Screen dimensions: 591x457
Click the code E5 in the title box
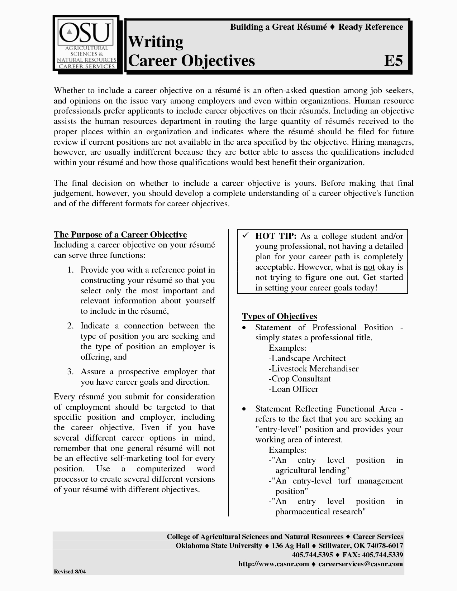[393, 61]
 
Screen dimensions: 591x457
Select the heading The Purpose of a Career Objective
[120, 235]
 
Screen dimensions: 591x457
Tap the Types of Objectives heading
[280, 316]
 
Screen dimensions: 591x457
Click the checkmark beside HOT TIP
[246, 236]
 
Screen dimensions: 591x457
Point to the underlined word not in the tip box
[369, 267]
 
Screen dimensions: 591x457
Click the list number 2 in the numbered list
[70, 326]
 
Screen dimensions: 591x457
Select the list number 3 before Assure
[70, 372]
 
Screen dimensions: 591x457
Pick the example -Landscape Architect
[307, 359]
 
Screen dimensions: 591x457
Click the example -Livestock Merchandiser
[313, 369]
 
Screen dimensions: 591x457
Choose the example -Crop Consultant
[299, 379]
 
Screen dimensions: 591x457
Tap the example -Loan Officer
[293, 389]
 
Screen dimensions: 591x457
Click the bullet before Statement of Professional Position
[244, 328]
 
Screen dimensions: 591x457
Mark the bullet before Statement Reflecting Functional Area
[244, 409]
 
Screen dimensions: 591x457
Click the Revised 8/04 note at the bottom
[70, 572]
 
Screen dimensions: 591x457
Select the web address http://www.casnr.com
[273, 564]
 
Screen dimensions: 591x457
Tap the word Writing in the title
[156, 42]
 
